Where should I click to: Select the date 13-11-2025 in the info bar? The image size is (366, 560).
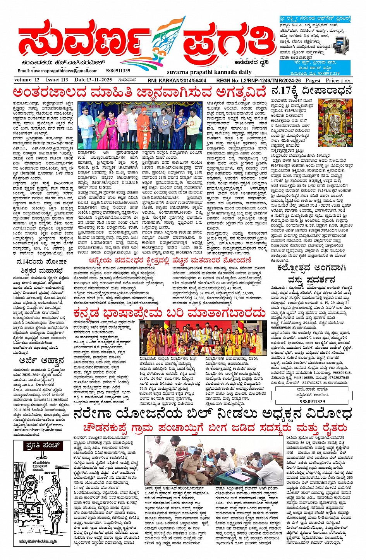pos(93,80)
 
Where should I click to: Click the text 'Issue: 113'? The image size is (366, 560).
pos(57,80)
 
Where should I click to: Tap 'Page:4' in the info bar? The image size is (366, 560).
pos(313,80)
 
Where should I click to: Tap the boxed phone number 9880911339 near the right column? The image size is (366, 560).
pos(312,402)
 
